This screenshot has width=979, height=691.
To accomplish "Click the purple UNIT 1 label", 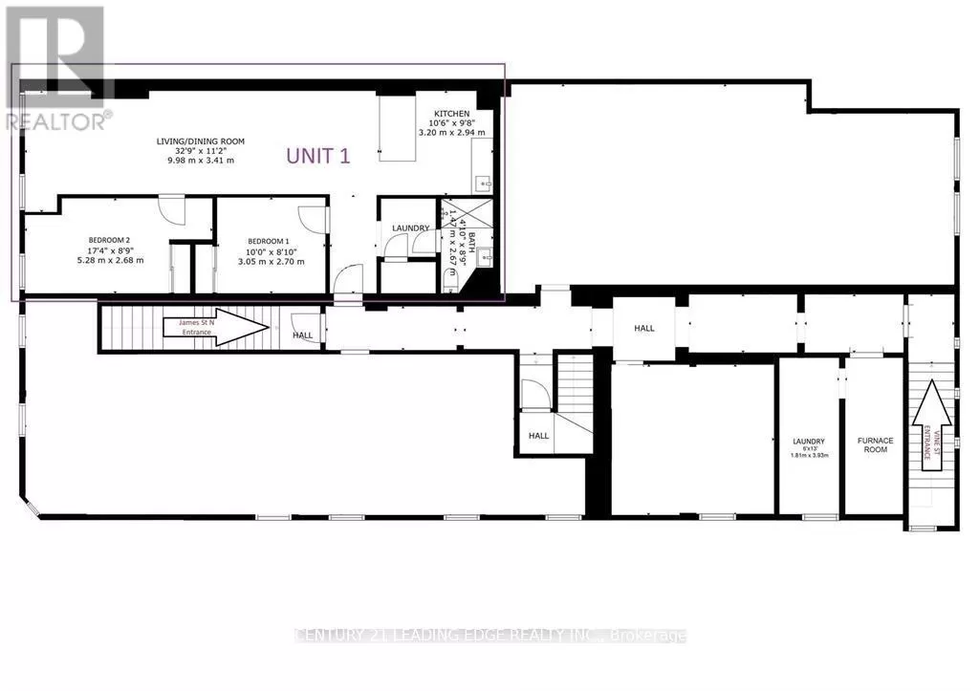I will coord(318,156).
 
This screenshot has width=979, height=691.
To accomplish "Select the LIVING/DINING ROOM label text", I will coord(201,141).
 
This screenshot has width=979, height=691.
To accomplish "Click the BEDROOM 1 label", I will coord(269,241).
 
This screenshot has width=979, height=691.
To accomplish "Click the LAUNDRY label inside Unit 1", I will coord(410,227).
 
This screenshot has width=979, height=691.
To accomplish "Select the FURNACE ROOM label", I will coord(875,444).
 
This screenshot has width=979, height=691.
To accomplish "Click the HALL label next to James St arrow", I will coord(303,335).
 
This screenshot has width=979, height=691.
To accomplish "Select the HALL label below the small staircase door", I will coord(539,435).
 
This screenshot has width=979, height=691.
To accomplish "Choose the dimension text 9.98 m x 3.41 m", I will coord(201,161).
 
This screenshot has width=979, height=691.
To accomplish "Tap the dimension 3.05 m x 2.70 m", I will coord(272,261).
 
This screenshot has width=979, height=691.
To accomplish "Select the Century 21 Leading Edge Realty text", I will coord(489,636).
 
